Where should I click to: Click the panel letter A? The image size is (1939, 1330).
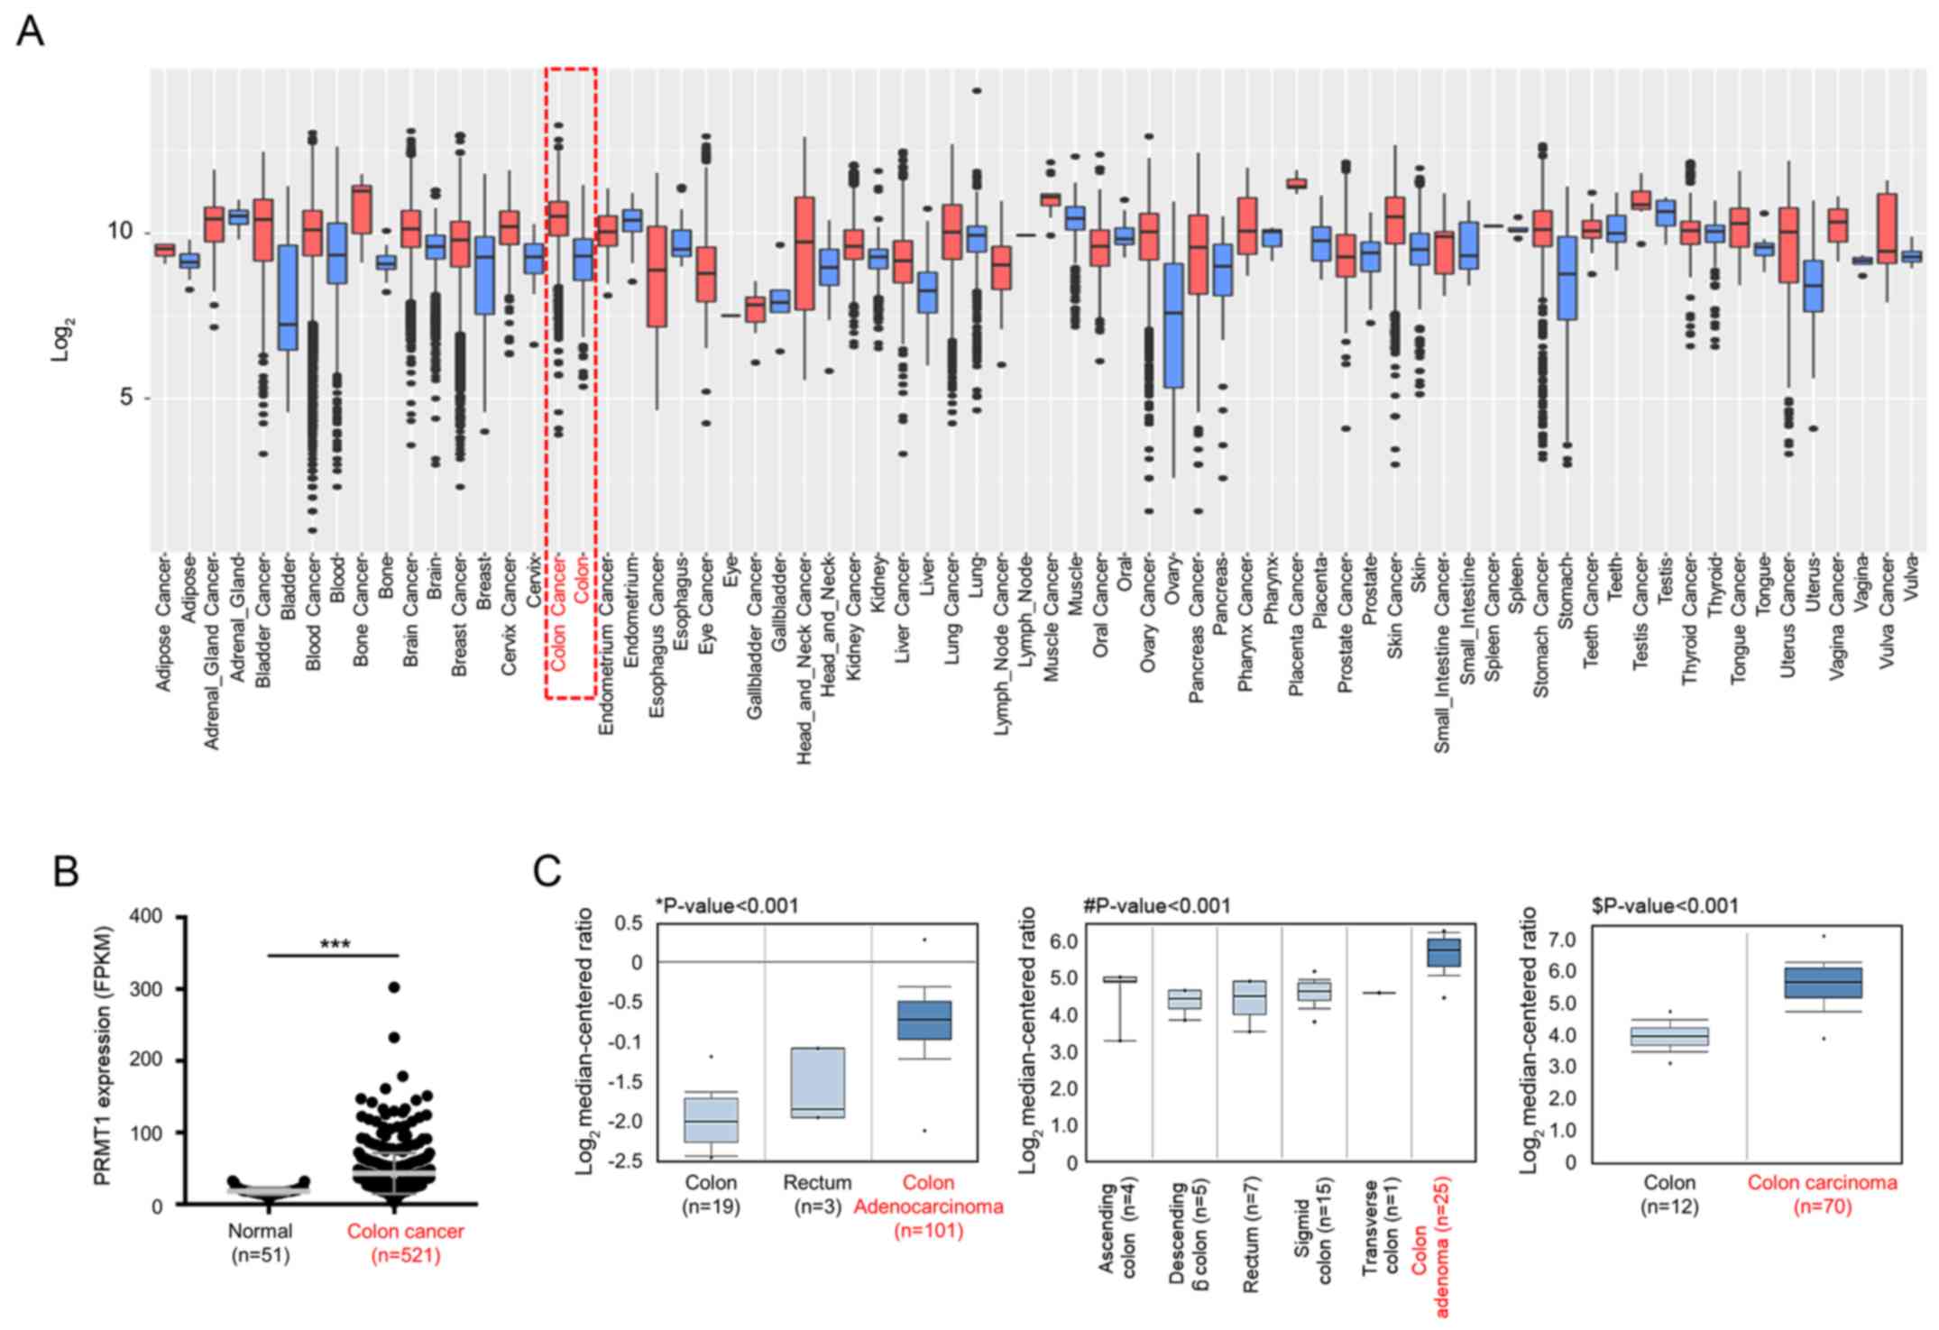30,32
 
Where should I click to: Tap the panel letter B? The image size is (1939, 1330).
66,872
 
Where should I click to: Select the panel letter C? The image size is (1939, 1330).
547,872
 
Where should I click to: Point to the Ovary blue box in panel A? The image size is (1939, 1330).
1173,326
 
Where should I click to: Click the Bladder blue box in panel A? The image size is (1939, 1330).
288,298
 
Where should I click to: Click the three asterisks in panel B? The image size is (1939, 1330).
335,945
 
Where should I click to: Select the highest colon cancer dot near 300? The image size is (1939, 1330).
394,987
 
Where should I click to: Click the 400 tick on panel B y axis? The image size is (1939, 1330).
145,917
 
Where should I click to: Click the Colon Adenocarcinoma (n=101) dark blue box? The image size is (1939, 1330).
924,1020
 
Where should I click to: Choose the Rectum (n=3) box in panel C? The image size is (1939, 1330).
818,1082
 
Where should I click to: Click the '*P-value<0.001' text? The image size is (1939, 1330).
727,905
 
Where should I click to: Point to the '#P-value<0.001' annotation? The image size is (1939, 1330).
1157,905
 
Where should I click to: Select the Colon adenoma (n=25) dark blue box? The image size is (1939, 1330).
1444,953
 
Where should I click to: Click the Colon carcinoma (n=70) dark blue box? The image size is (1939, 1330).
1823,982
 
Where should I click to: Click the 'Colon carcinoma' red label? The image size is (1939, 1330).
1822,1182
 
